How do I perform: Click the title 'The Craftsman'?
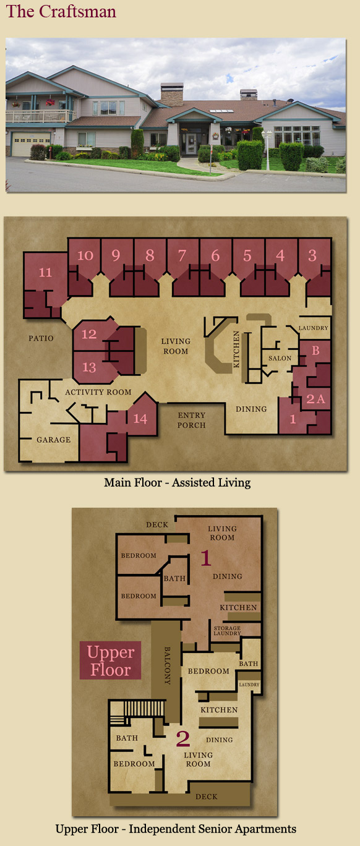pos(61,11)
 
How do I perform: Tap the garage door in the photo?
pos(31,144)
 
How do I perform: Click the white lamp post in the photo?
pos(267,149)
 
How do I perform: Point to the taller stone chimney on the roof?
pos(172,94)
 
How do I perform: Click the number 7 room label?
pos(182,255)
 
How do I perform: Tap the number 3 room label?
pos(312,255)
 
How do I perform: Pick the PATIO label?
pos(41,338)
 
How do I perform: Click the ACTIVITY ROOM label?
pos(98,392)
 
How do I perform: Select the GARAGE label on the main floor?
pos(54,440)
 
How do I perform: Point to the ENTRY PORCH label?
pos(192,420)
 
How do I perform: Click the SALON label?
pos(280,358)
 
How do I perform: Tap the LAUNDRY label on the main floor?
pos(314,328)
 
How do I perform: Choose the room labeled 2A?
pos(316,399)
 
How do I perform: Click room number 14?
pos(140,419)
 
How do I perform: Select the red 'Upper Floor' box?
pos(110,660)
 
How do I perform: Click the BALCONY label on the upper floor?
pos(168,665)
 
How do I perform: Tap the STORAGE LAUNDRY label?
pos(227,630)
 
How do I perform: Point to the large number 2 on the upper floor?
pos(183,738)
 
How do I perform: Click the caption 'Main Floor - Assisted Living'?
pos(178,482)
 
